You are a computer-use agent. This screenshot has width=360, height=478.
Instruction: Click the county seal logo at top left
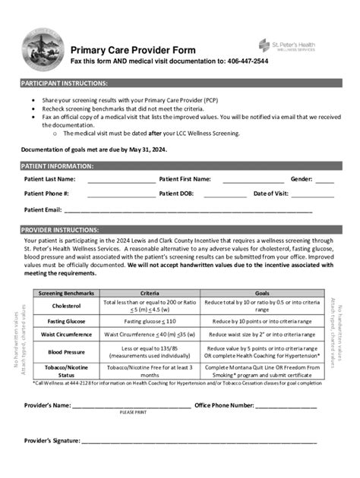(39, 51)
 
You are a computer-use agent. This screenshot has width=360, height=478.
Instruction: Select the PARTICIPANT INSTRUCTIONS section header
(65, 83)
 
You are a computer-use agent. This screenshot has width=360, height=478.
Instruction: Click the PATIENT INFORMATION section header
(58, 165)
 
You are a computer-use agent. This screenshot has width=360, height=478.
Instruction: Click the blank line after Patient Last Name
(121, 181)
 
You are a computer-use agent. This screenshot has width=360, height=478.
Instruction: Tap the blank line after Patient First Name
(248, 181)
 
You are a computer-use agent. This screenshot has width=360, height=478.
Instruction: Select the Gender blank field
(324, 181)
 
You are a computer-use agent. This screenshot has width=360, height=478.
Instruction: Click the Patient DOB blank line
(225, 195)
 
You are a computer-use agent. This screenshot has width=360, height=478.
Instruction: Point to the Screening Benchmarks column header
(66, 292)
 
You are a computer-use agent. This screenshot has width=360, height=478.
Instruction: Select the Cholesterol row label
(66, 306)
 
